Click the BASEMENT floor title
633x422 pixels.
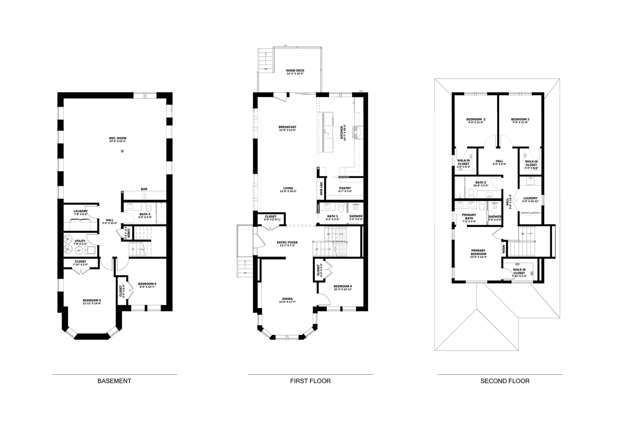[x=114, y=381]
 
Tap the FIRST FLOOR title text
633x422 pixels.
[x=310, y=381]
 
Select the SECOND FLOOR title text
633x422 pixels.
[x=505, y=381]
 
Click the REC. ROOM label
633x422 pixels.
[x=118, y=138]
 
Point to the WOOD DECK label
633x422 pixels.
[x=295, y=71]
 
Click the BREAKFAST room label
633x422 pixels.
[x=287, y=127]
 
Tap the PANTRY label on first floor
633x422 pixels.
[x=345, y=188]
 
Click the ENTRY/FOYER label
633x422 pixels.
[x=287, y=243]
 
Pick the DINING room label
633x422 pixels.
[x=287, y=299]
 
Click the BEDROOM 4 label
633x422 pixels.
[x=342, y=286]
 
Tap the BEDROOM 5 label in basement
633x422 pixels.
[x=92, y=300]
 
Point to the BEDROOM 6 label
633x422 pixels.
[x=147, y=284]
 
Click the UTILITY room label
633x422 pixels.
[x=80, y=241]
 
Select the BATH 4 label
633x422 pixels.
[x=145, y=214]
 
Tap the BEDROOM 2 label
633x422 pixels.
[x=476, y=119]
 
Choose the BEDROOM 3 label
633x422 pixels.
[x=520, y=119]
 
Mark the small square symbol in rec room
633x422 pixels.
[x=122, y=151]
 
